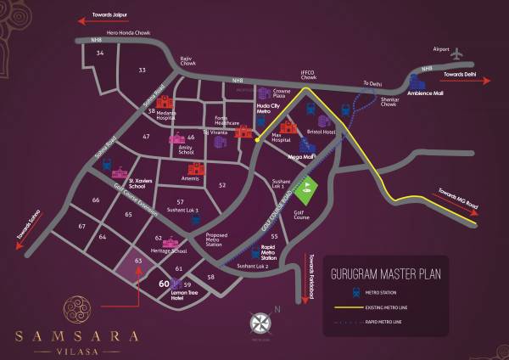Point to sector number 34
[100, 53]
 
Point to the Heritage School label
[166, 251]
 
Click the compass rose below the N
[261, 324]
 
